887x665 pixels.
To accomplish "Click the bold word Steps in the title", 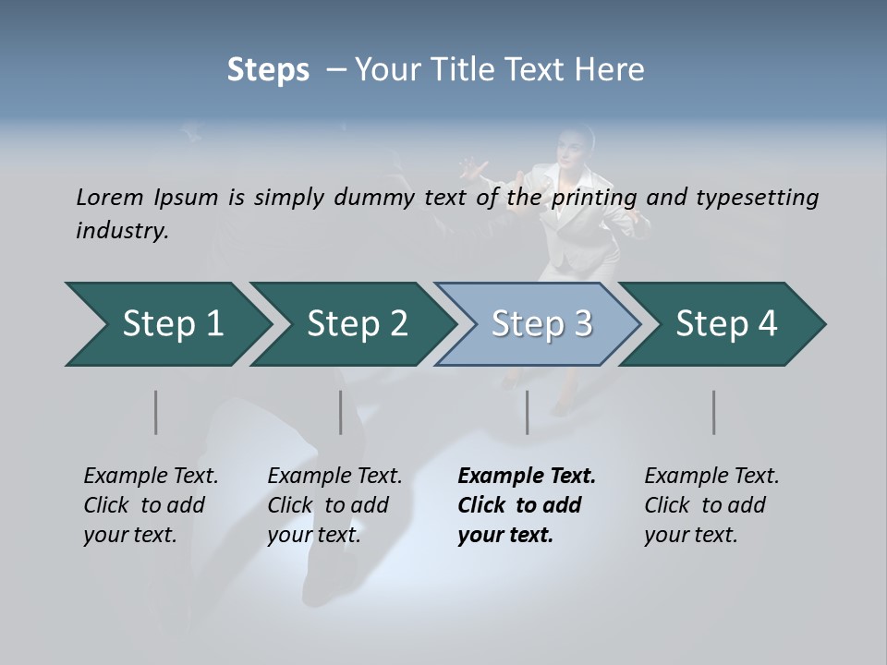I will click(268, 70).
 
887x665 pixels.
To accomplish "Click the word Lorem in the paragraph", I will click(109, 197).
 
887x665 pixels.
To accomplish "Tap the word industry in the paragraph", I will click(122, 230).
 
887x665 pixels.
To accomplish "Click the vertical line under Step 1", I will click(155, 412).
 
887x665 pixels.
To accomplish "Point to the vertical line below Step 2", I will click(340, 412).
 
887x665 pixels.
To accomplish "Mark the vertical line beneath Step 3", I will click(527, 412).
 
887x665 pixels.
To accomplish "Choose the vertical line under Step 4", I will click(713, 412).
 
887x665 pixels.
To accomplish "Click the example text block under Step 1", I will click(151, 505).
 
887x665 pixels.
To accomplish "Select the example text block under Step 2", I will click(334, 505).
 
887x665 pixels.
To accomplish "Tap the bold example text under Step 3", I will click(527, 505).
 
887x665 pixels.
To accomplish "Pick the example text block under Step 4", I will click(711, 505).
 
